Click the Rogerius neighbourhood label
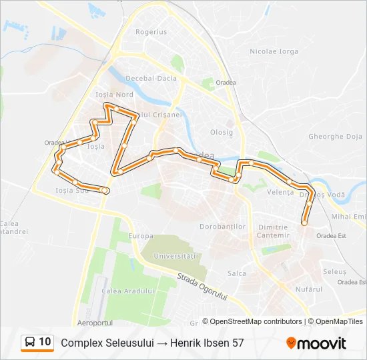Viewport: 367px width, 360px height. (x=151, y=31)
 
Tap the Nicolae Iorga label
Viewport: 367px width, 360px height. (x=274, y=51)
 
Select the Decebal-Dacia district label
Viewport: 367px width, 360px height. (x=155, y=78)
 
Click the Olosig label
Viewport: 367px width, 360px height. (x=222, y=132)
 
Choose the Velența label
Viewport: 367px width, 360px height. (x=280, y=192)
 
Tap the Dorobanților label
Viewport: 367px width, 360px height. (x=223, y=227)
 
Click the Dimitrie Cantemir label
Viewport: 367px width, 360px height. (x=275, y=231)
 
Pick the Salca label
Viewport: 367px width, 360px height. (x=236, y=273)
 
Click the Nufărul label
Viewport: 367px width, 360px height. (x=290, y=289)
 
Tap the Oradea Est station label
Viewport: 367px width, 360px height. (x=332, y=235)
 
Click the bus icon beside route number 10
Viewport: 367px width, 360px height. (x=30, y=343)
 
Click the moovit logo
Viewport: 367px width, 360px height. (x=316, y=343)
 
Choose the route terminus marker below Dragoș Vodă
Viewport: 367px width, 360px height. (x=304, y=223)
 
